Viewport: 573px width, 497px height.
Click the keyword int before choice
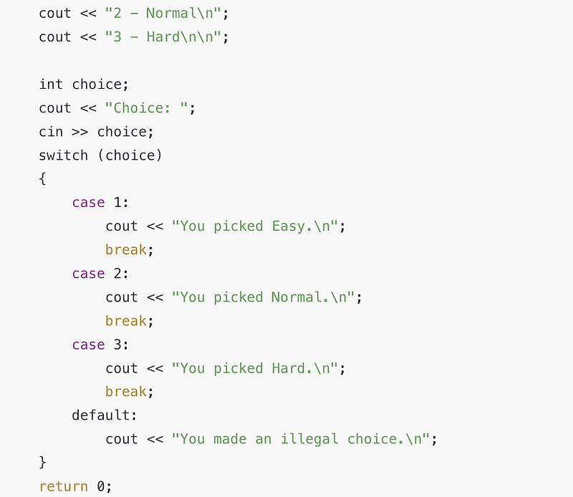point(51,85)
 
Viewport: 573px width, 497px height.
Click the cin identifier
point(51,132)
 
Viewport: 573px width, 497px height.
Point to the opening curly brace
point(43,179)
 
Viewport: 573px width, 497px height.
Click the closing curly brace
point(43,462)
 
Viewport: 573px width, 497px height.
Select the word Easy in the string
point(288,226)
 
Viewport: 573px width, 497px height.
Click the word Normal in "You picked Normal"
point(297,297)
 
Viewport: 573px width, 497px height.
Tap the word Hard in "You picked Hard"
point(288,368)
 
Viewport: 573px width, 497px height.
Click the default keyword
point(105,415)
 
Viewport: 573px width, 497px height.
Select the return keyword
point(64,486)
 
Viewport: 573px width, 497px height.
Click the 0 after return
point(101,486)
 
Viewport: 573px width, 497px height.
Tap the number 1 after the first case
point(117,203)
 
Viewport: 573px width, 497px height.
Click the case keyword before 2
point(88,274)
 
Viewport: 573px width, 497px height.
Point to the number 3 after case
point(117,344)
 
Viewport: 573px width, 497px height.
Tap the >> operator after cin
point(80,132)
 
